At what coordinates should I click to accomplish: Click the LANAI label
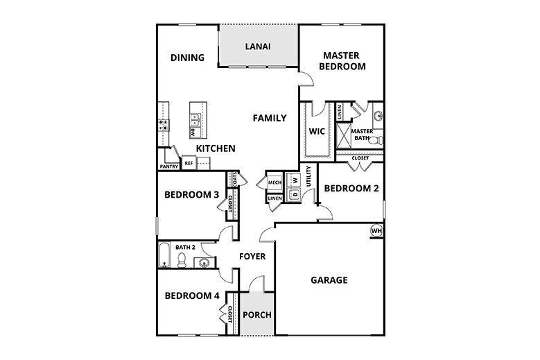tap(258, 47)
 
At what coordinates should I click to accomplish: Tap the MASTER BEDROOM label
tap(344, 61)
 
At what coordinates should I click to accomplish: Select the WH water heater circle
tap(376, 231)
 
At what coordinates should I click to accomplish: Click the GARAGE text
tap(329, 280)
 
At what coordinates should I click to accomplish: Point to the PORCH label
tap(256, 315)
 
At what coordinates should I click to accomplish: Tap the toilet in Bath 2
tap(182, 259)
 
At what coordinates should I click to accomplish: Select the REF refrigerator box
tap(189, 164)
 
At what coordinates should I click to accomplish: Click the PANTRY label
tap(169, 166)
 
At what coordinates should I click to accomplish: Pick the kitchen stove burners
tap(164, 126)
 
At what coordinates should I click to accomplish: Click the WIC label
tap(317, 131)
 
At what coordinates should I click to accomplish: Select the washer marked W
tap(295, 180)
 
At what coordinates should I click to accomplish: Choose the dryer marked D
tap(295, 194)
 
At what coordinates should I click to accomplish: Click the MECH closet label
tap(274, 182)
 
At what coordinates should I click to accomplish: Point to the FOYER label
tap(252, 257)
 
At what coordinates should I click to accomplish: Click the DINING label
tap(187, 58)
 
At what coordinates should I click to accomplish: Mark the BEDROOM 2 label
tap(351, 188)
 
